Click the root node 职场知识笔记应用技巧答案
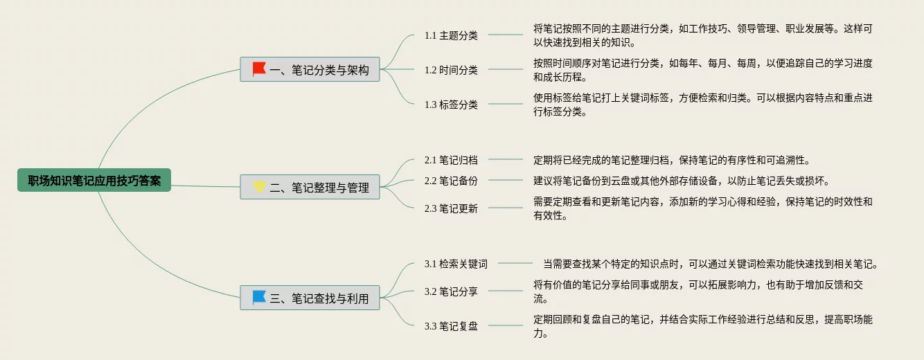(x=94, y=181)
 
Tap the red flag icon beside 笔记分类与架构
(x=259, y=69)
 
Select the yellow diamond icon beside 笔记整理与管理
(x=259, y=186)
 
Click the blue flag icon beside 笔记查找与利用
(x=259, y=298)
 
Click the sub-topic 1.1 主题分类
(x=451, y=35)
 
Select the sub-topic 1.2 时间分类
(x=451, y=70)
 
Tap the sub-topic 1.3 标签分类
(x=451, y=105)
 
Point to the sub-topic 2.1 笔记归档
(x=451, y=160)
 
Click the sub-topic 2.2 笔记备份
(x=451, y=181)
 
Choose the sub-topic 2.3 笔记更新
(x=451, y=208)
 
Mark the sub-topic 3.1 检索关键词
(x=456, y=264)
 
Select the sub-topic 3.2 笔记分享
(x=451, y=291)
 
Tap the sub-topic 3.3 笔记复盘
(x=451, y=326)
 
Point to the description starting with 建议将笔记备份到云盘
(x=681, y=181)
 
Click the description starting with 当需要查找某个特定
(x=710, y=264)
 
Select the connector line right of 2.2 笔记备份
(x=505, y=181)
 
